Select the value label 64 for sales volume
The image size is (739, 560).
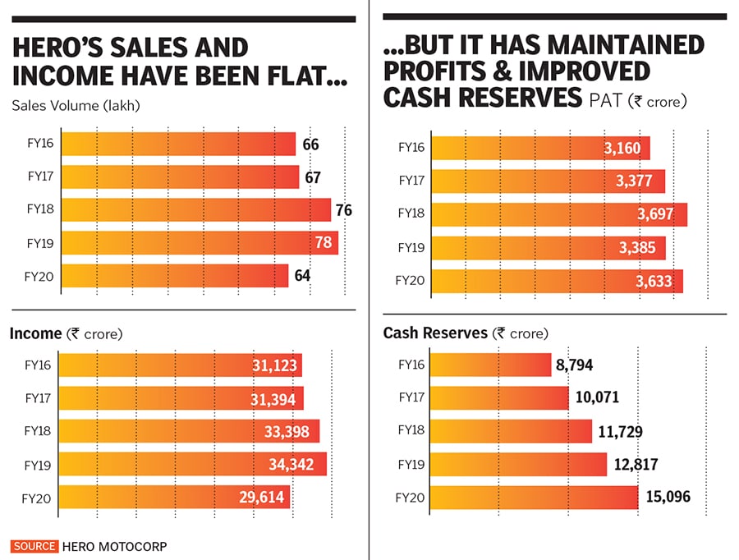(302, 276)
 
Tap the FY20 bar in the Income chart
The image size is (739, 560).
(174, 498)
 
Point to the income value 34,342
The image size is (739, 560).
(291, 465)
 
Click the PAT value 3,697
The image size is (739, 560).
(654, 215)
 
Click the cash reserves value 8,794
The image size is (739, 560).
(575, 365)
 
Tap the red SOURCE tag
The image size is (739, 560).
(34, 546)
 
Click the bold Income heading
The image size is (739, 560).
(35, 333)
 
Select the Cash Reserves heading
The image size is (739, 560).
(435, 333)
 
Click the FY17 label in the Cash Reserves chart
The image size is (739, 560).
(411, 398)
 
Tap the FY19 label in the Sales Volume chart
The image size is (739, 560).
(39, 243)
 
